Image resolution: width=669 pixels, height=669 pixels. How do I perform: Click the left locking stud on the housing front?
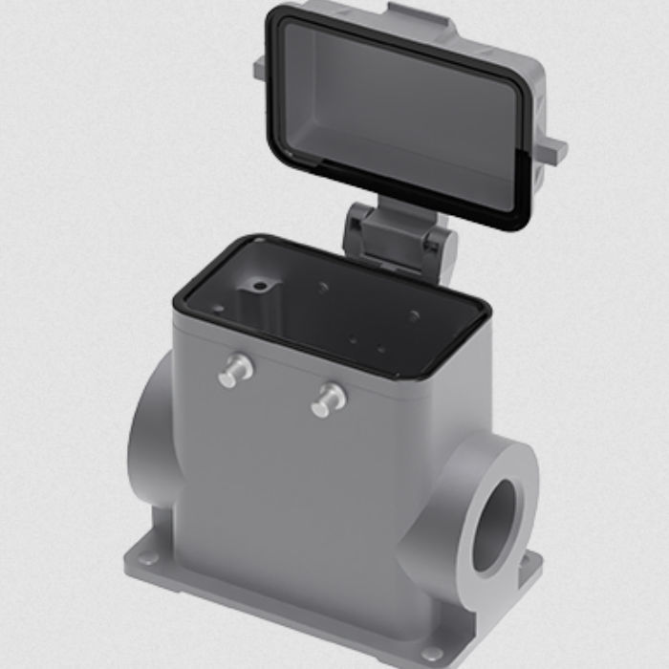tap(234, 370)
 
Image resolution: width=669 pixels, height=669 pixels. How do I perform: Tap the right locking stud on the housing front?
tap(327, 399)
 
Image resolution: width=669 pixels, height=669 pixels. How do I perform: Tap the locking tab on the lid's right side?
tap(551, 150)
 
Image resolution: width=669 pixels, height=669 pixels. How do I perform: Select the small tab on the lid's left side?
tap(259, 69)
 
